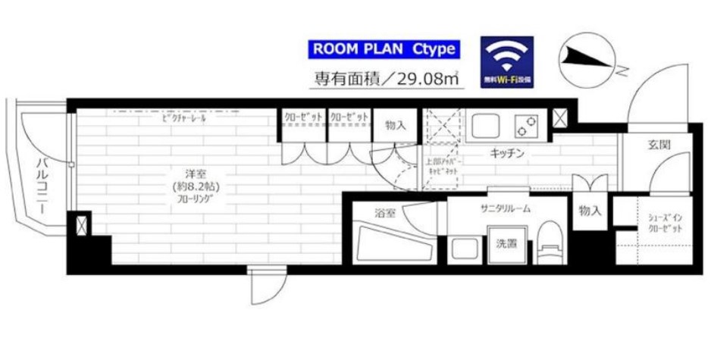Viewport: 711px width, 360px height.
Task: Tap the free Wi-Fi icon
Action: [507, 61]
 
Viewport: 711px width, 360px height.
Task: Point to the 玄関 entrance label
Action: [659, 145]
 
